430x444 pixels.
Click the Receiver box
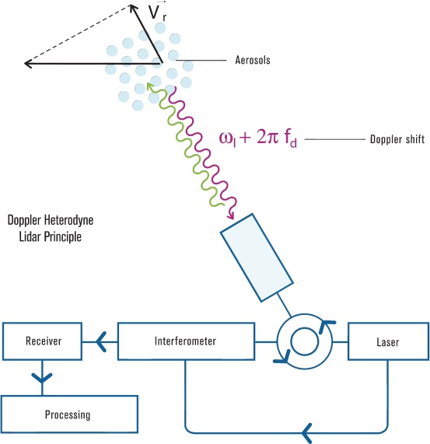tap(43, 341)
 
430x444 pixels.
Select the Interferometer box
tap(186, 341)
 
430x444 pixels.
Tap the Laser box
tap(388, 341)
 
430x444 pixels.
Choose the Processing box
tap(69, 414)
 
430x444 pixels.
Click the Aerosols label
tap(253, 60)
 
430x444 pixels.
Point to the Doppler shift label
tap(397, 139)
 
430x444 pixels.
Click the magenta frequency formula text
tap(258, 138)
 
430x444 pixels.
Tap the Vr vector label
tap(157, 12)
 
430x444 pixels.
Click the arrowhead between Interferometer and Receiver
tap(101, 342)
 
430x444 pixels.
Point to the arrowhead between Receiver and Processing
tap(42, 379)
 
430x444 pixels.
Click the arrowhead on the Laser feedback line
tap(306, 433)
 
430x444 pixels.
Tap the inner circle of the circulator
tap(305, 328)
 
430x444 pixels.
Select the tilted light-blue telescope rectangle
tap(257, 257)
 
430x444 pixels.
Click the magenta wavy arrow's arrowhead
tap(231, 215)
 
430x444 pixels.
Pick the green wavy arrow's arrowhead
tap(150, 86)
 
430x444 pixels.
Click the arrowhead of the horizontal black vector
tap(28, 64)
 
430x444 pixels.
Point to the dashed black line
tap(77, 34)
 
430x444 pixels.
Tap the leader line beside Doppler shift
tap(335, 139)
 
